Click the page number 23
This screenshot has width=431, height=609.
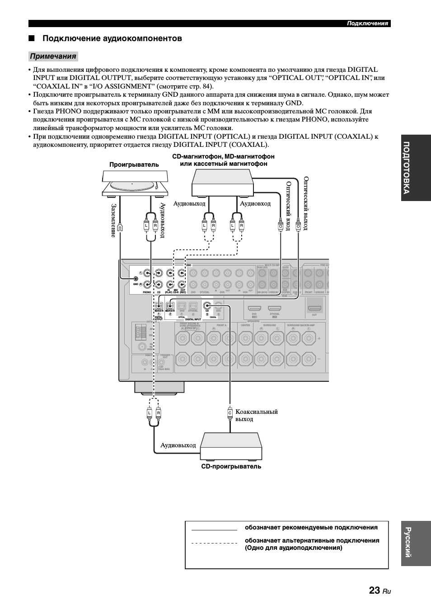coord(374,590)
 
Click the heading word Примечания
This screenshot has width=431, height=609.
coord(53,56)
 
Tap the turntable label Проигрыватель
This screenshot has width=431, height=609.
coord(134,165)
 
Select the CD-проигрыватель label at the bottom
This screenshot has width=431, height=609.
coord(231,467)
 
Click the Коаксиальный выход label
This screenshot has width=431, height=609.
coord(256,415)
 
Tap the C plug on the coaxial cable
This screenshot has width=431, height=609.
coord(230,413)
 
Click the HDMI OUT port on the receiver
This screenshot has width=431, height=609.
coord(314,309)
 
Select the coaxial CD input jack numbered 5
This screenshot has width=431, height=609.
coord(207,305)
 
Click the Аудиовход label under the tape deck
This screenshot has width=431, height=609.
coord(255,204)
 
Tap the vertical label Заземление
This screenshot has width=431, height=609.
coord(113,220)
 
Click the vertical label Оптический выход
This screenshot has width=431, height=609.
coord(306,204)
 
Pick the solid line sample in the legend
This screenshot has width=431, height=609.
coord(214,529)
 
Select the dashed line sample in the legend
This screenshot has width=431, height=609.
coord(214,543)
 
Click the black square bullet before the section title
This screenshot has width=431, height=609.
coord(32,39)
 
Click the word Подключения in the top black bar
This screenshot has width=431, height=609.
coord(367,23)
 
